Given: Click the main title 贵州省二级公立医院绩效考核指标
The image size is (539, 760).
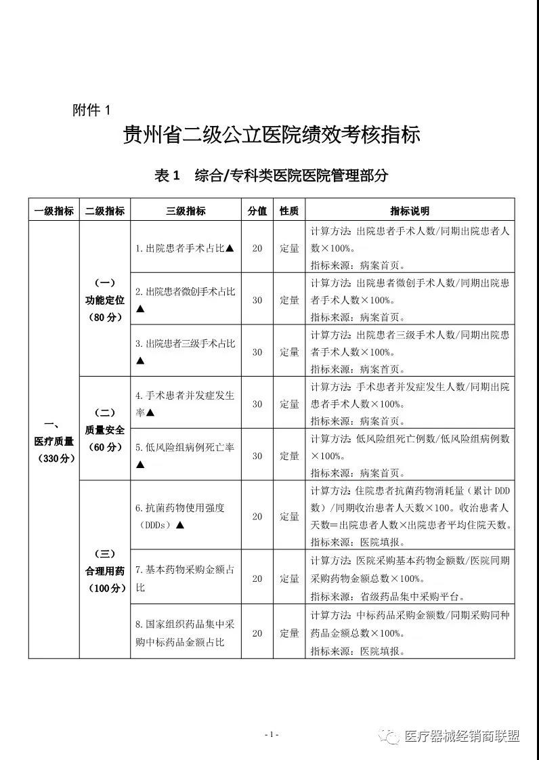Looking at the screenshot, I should click(271, 135).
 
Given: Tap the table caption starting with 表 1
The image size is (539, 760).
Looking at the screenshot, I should click(271, 175).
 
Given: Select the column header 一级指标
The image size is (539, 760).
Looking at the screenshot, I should click(53, 211).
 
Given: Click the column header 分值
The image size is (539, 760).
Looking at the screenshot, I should click(257, 211).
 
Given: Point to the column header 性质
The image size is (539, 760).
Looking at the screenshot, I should click(289, 211).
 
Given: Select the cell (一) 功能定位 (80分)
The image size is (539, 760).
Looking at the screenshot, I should click(105, 299).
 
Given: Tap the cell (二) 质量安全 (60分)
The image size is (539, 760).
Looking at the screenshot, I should click(105, 429).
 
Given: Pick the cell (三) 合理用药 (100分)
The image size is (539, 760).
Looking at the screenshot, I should click(105, 570).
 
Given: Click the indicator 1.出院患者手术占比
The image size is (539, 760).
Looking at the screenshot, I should click(179, 248).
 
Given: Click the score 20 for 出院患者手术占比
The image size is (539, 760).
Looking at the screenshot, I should click(257, 248).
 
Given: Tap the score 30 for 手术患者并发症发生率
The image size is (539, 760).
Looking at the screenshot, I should click(257, 404).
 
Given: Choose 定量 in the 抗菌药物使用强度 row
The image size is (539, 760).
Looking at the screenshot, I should click(289, 516).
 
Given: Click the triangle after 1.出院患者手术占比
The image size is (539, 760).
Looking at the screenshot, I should click(230, 248).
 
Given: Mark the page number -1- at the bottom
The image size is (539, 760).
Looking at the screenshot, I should click(271, 734).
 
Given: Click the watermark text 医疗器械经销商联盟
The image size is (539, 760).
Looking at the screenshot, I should click(461, 736).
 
